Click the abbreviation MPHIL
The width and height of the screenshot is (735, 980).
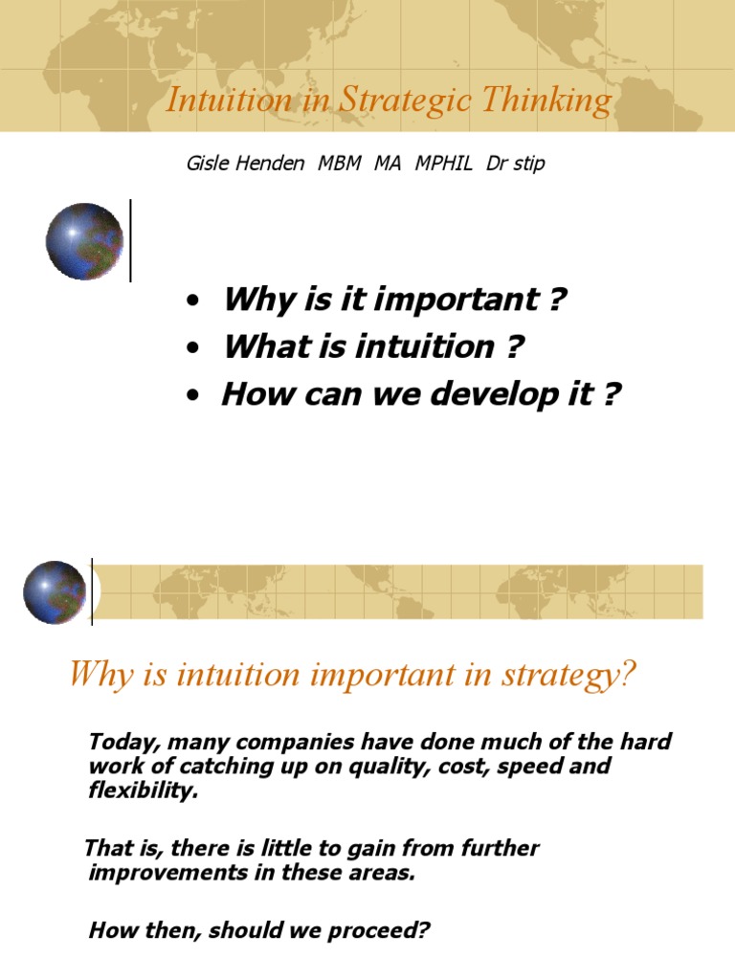(x=444, y=164)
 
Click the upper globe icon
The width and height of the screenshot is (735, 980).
(x=84, y=241)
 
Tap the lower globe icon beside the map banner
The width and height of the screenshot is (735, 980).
(x=55, y=592)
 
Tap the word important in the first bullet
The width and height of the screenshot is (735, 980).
(x=459, y=301)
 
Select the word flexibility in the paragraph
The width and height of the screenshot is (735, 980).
(x=144, y=791)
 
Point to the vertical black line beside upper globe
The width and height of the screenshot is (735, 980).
(x=130, y=240)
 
